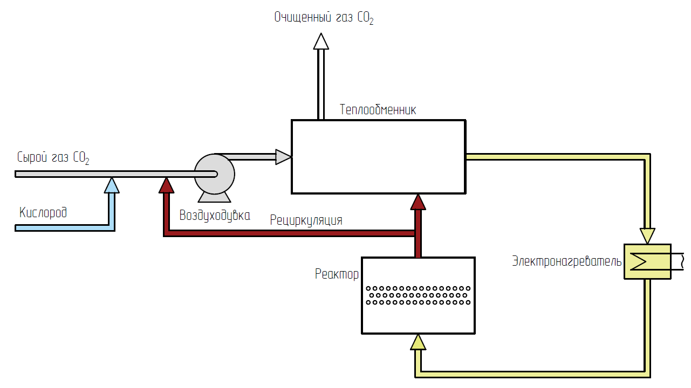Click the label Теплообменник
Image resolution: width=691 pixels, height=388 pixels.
(378, 110)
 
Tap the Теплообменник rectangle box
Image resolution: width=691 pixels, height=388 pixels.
(378, 156)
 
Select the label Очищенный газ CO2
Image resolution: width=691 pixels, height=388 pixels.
(323, 18)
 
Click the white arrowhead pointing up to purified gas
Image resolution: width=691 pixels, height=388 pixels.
(321, 41)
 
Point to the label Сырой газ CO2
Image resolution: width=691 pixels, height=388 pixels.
(53, 158)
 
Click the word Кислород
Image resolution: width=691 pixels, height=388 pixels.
(43, 212)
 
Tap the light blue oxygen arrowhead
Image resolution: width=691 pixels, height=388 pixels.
(111, 185)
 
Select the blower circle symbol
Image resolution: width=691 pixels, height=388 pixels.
(214, 173)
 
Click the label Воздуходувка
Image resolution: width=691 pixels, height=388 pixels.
(215, 216)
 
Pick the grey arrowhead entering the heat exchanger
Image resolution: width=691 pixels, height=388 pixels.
(283, 157)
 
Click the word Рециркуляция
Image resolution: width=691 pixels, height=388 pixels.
(306, 220)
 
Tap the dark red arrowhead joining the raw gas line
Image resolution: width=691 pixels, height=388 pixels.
(167, 185)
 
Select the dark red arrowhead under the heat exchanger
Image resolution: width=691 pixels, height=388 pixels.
(418, 202)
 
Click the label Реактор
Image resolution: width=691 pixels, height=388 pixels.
(337, 274)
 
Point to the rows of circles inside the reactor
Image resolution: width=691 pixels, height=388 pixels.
(418, 295)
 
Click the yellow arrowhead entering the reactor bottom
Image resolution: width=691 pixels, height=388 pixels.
(418, 342)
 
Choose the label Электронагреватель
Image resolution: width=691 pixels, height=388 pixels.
(566, 262)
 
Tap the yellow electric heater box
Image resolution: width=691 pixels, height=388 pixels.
(647, 262)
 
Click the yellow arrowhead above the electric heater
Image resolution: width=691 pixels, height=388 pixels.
(647, 235)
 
